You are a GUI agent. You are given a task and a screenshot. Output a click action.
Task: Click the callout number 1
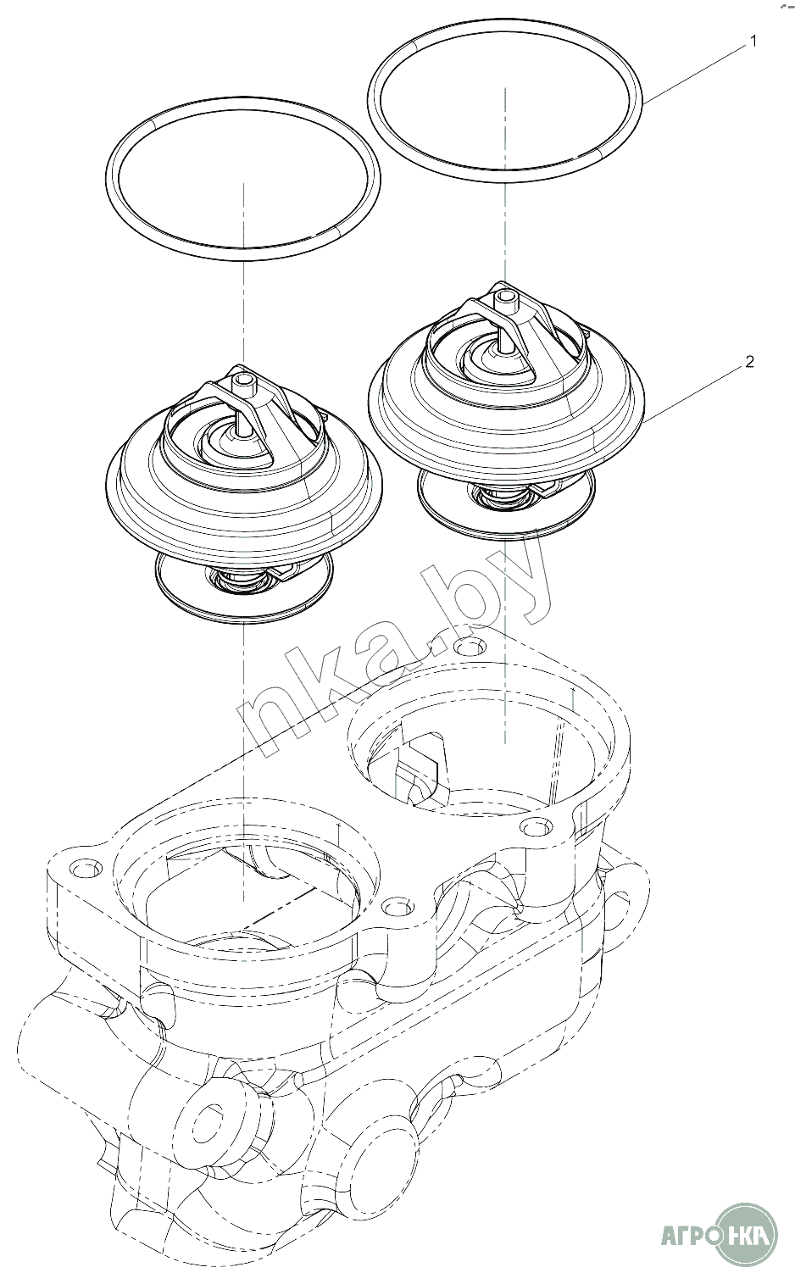(753, 42)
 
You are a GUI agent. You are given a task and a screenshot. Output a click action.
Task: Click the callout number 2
(750, 362)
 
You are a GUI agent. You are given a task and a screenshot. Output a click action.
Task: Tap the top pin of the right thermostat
(505, 297)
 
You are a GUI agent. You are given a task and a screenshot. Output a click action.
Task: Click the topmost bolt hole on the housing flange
(470, 648)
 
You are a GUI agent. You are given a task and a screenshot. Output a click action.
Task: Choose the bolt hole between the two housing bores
(397, 908)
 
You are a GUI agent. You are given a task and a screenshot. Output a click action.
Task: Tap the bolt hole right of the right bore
(536, 826)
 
